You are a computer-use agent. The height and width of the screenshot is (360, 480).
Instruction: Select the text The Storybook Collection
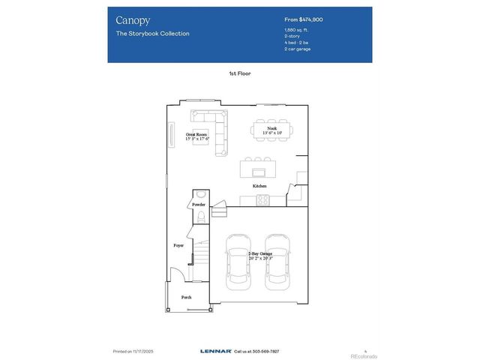[x=152, y=34]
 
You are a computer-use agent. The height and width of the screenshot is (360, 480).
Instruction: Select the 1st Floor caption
[x=239, y=73]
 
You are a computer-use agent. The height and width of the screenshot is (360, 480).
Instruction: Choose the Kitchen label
[x=259, y=185]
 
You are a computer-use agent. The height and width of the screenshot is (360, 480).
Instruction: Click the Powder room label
[x=199, y=204]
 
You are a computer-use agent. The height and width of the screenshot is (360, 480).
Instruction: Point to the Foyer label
[x=178, y=244]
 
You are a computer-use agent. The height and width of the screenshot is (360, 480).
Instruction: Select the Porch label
[x=186, y=297]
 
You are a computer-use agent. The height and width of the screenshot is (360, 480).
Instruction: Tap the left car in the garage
[x=239, y=262]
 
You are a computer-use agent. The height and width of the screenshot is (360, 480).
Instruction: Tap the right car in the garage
[x=277, y=262]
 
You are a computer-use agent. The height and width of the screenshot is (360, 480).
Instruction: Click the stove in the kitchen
[x=263, y=199]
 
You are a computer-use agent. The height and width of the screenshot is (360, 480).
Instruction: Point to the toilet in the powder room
[x=200, y=217]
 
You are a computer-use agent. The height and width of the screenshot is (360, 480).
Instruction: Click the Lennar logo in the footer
[x=215, y=351]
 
